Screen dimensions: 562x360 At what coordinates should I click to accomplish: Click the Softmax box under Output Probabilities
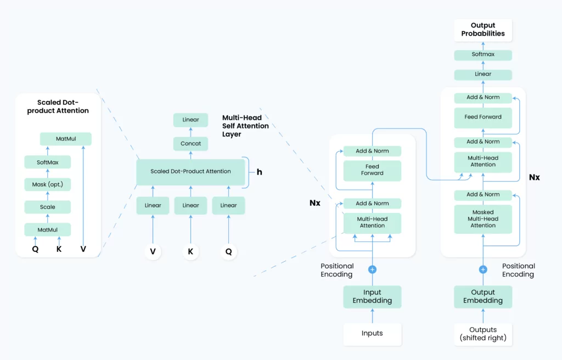click(x=483, y=54)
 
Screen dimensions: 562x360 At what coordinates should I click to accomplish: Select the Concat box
click(x=190, y=143)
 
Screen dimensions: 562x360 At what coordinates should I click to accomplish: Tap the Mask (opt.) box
click(x=47, y=184)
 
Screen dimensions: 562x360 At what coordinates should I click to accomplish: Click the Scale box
click(x=47, y=207)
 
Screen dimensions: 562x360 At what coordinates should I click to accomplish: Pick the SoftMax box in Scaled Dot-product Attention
click(x=47, y=162)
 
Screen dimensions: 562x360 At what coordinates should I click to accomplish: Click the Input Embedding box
click(x=372, y=296)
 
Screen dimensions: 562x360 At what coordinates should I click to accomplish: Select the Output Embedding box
click(x=483, y=296)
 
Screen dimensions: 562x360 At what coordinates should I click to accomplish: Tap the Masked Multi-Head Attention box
click(x=483, y=219)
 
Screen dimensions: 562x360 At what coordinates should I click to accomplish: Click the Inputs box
click(x=372, y=334)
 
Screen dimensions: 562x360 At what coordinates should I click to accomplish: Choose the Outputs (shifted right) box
click(x=483, y=334)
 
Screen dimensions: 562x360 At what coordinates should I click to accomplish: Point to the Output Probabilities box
click(x=483, y=30)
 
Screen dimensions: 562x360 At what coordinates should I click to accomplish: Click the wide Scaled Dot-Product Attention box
click(x=190, y=172)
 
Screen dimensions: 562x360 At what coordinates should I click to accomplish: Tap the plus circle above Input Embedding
click(x=373, y=269)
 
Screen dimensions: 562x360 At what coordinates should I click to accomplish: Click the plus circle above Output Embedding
click(x=483, y=269)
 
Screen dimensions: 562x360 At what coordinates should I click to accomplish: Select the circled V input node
click(x=153, y=252)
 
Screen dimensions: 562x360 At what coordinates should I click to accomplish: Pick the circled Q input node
click(x=229, y=252)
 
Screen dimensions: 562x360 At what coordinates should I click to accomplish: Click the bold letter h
click(x=260, y=172)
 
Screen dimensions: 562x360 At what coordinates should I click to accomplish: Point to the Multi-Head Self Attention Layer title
click(x=245, y=126)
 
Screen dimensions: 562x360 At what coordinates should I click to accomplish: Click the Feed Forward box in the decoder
click(x=483, y=117)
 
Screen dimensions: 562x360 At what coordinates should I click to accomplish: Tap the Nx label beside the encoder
click(x=314, y=203)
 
